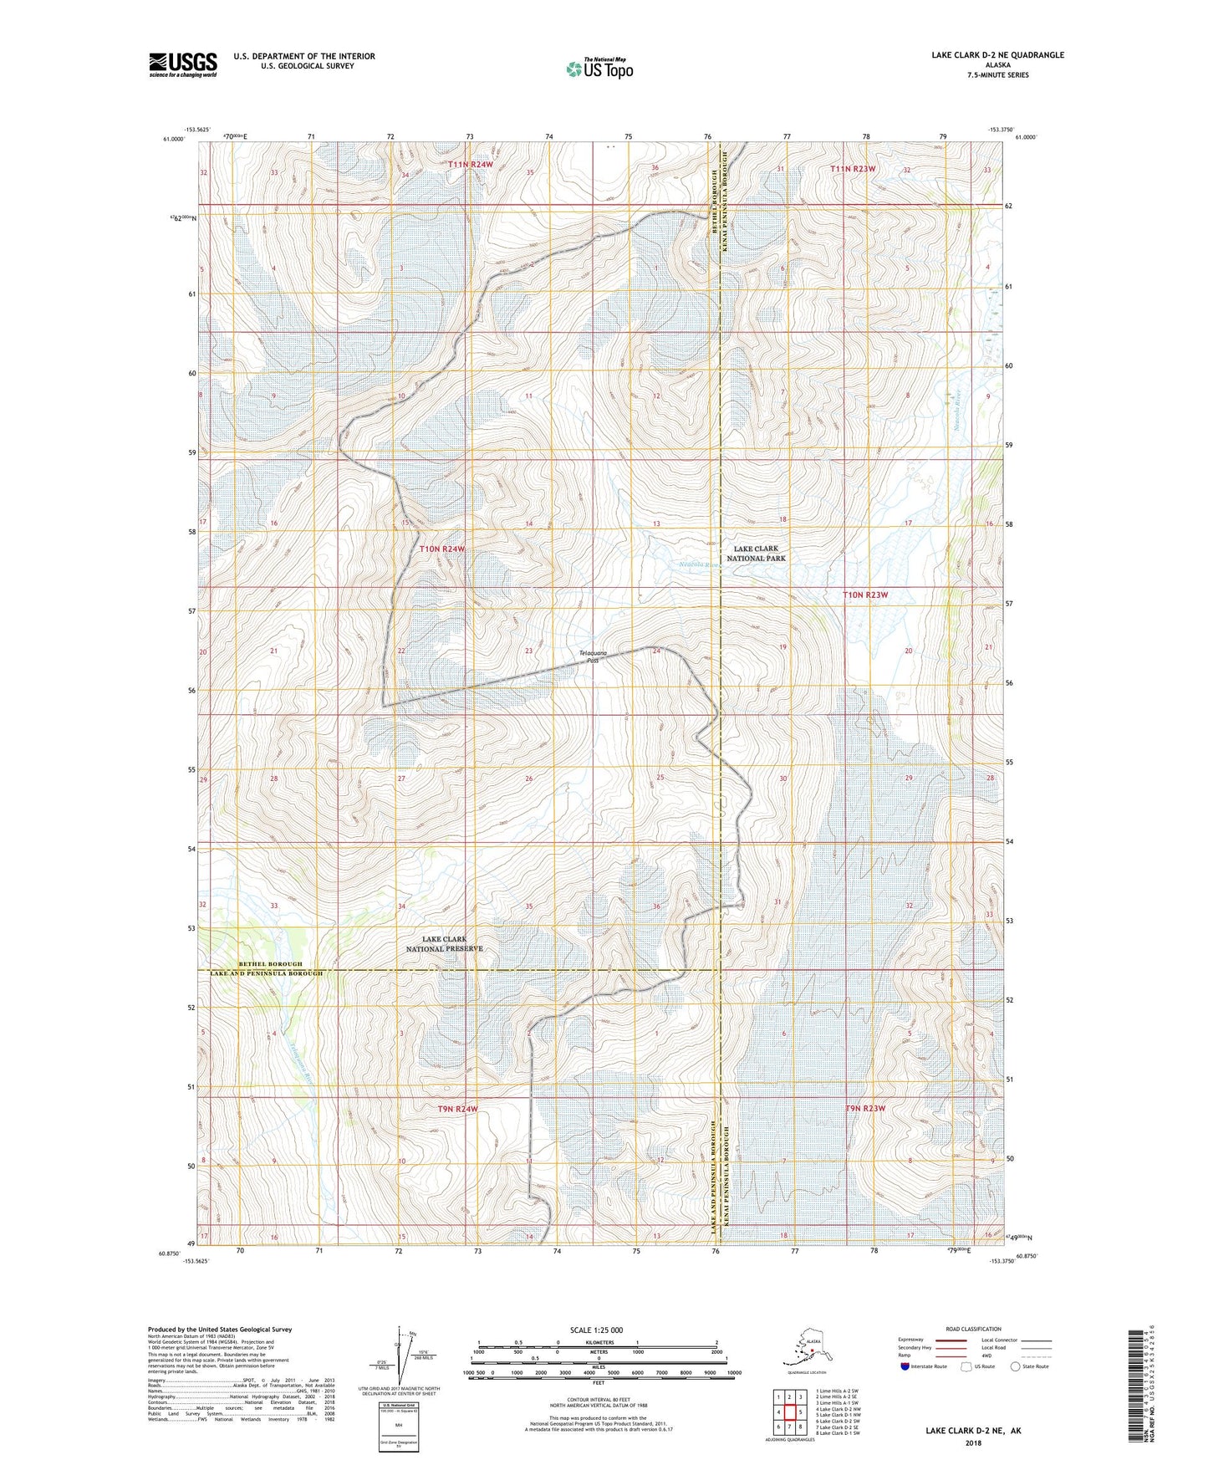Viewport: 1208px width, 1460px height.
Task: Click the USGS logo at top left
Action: (182, 64)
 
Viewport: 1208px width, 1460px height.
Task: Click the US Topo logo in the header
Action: (599, 68)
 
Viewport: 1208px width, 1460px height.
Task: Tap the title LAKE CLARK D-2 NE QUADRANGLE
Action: (997, 55)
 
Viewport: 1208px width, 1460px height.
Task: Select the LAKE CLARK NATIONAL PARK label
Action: (756, 554)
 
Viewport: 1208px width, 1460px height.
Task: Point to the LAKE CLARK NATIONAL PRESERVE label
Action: (444, 944)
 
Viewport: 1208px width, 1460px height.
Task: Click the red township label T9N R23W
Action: (864, 1108)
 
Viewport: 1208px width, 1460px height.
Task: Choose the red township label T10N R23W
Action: (864, 595)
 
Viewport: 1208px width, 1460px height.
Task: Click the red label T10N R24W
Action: (441, 549)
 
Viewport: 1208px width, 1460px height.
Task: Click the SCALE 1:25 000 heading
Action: (596, 1330)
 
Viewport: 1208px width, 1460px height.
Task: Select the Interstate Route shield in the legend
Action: (905, 1366)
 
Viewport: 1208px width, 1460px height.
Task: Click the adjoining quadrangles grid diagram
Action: (788, 1413)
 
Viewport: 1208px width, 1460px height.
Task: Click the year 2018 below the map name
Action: (972, 1442)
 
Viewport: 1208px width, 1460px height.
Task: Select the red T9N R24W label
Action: (458, 1109)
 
